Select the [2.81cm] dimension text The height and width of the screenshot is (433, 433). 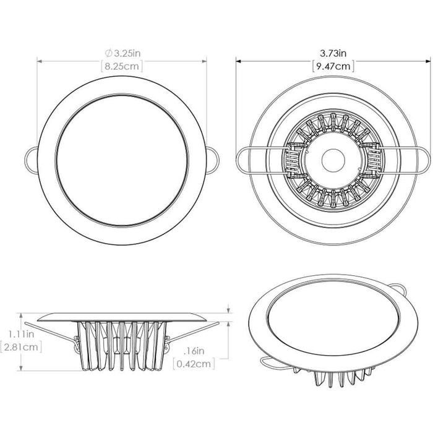21,347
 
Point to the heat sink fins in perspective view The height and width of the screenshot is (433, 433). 338,381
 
